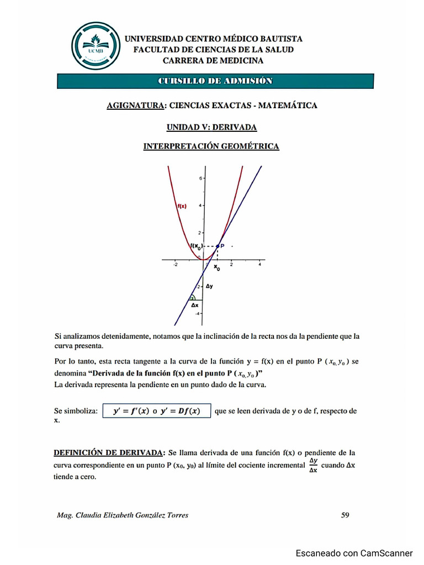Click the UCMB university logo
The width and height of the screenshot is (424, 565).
96,46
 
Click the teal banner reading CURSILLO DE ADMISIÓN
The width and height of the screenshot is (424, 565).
215,81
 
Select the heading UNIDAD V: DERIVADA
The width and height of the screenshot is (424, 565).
211,127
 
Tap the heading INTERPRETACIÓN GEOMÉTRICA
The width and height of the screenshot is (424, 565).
211,146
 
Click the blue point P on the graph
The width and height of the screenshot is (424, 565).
219,245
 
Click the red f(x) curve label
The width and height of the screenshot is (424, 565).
182,206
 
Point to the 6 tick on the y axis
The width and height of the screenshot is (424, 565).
200,178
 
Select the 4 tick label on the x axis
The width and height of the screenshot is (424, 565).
259,265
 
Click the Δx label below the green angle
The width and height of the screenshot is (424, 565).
194,304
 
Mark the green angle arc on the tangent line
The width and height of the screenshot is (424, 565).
192,297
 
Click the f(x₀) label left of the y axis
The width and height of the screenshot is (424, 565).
197,246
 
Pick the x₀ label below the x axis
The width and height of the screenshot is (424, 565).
217,268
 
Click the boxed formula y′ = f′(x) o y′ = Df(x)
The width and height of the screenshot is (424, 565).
157,411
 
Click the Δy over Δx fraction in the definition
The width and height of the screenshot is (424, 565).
313,465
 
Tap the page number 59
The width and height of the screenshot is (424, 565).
345,515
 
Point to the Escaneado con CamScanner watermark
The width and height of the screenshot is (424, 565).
354,553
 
